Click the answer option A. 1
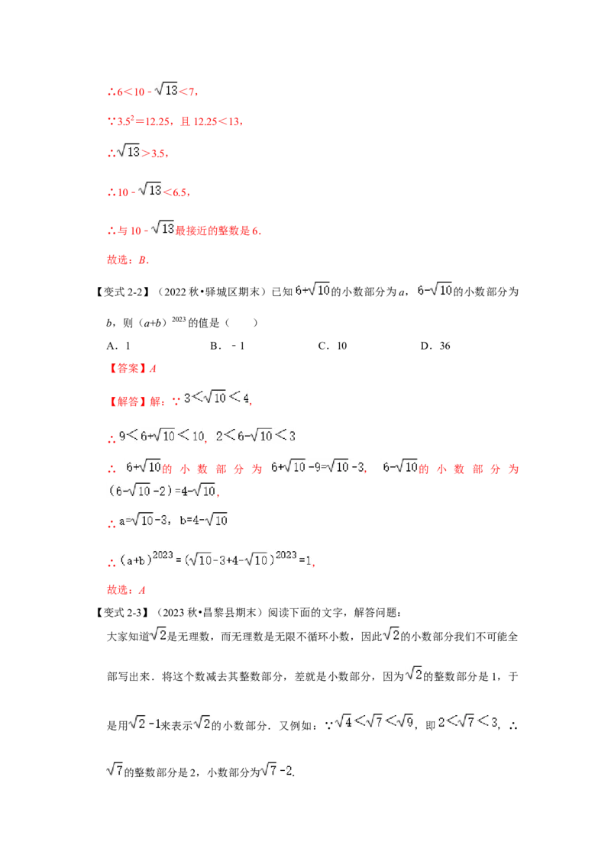[118, 346]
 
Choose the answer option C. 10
[332, 346]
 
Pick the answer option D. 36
[435, 346]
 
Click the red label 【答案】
[126, 369]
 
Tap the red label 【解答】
[126, 401]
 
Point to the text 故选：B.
[128, 260]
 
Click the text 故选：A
[126, 590]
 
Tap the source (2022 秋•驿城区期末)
[212, 292]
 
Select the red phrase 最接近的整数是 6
[218, 231]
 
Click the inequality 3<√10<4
[217, 398]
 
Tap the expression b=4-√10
[203, 520]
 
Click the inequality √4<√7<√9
[374, 721]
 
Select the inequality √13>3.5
[142, 152]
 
